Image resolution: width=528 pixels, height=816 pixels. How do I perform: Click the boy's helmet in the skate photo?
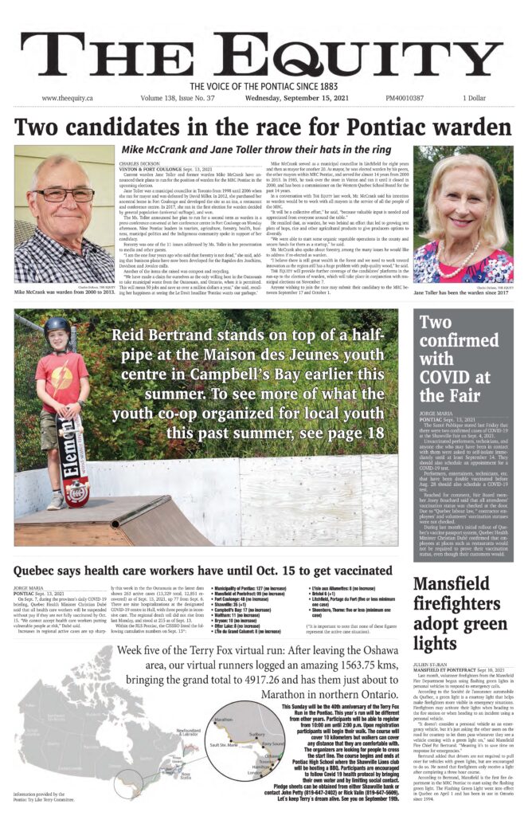click(x=57, y=328)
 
